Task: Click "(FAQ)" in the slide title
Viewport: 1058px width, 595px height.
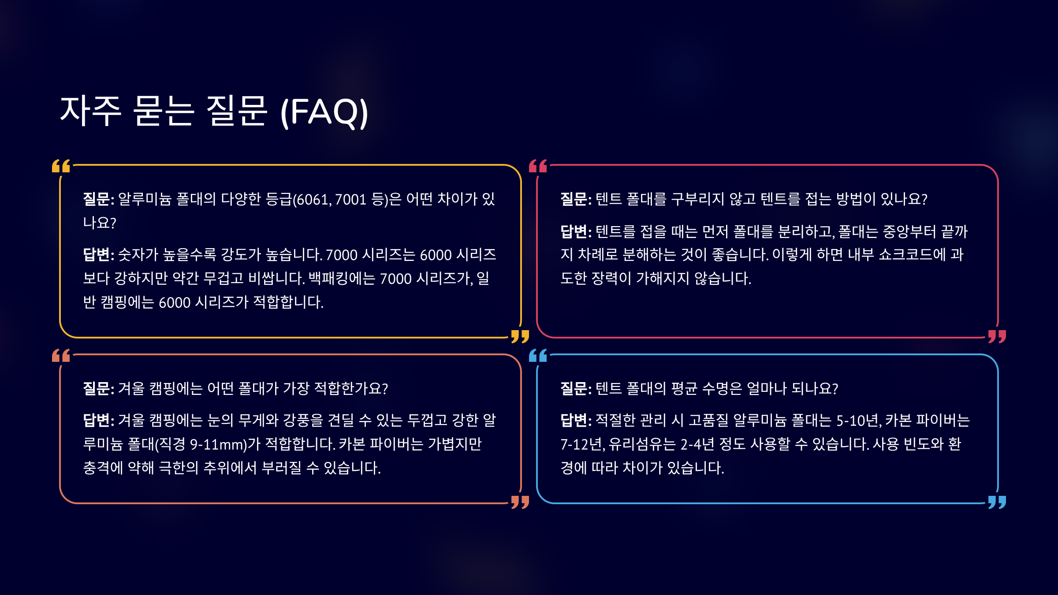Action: [324, 112]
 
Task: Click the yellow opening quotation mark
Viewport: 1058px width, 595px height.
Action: [61, 166]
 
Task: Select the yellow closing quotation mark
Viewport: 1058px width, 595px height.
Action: [520, 336]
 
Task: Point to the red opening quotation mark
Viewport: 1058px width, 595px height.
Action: [538, 166]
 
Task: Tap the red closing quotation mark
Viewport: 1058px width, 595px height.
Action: [997, 336]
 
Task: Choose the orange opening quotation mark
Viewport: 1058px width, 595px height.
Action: [61, 355]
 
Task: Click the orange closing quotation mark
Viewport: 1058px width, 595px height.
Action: [520, 502]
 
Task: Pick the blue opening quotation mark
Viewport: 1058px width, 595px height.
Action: [538, 355]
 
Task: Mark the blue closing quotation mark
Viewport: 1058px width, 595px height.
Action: [997, 502]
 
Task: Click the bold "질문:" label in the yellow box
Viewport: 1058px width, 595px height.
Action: [98, 199]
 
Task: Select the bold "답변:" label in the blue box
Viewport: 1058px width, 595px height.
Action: [576, 420]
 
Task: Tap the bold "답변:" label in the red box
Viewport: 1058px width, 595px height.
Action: [576, 231]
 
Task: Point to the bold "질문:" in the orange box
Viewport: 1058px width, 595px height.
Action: [98, 388]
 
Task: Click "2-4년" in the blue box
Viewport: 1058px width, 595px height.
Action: [697, 444]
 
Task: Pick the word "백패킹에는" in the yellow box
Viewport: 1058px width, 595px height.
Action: [342, 279]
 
